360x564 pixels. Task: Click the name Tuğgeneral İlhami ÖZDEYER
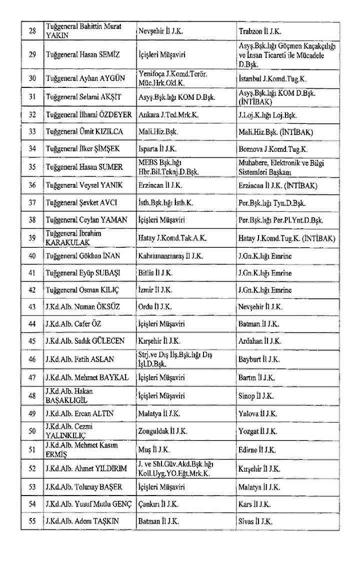(x=88, y=114)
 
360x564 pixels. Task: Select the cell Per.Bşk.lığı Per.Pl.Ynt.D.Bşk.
(x=280, y=220)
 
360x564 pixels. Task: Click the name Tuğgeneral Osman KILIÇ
(x=80, y=290)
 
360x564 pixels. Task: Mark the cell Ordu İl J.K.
(x=155, y=307)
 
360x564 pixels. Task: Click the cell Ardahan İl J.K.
(x=260, y=341)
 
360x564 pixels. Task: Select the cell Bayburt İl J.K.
(x=259, y=359)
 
